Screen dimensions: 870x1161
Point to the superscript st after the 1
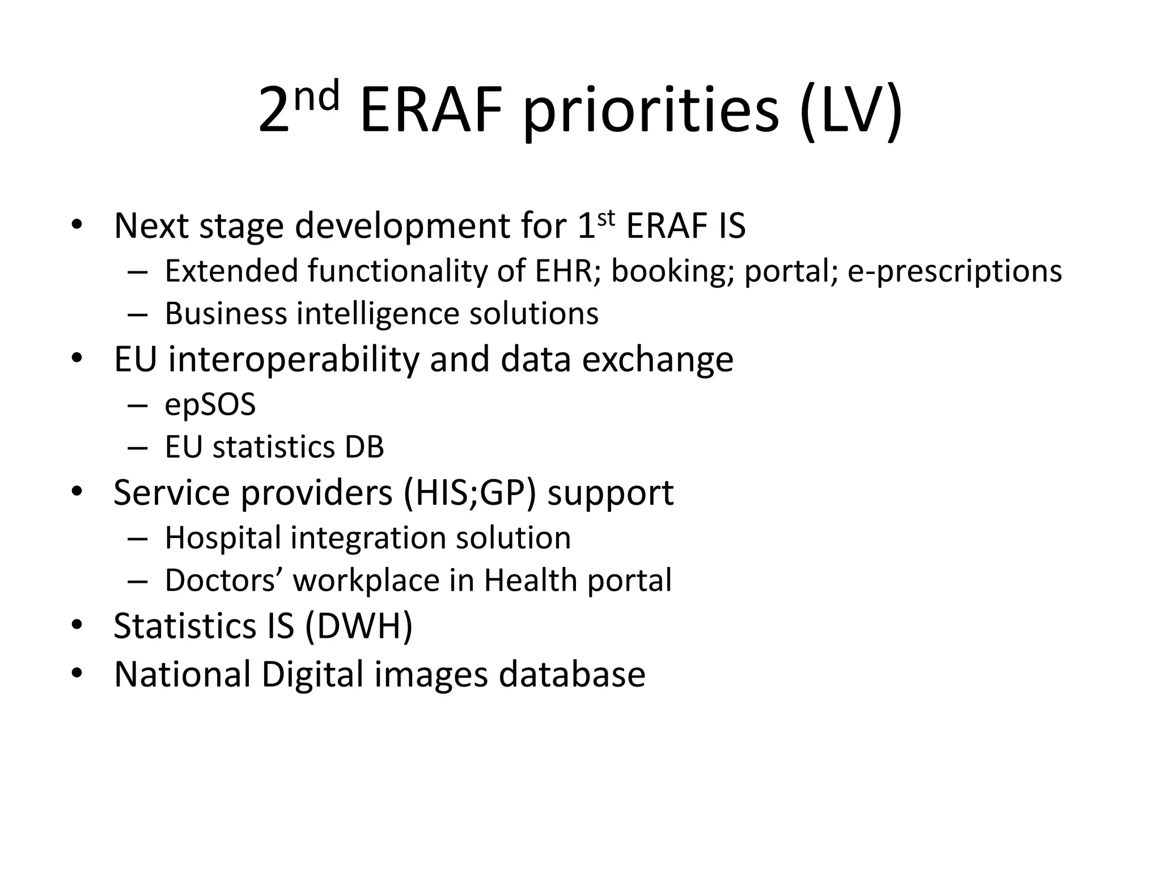606,218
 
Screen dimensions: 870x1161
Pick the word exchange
658,360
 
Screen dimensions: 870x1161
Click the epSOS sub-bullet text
210,406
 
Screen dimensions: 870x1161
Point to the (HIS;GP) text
470,493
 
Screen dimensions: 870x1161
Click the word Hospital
223,538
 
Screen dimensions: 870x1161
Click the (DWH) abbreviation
359,626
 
